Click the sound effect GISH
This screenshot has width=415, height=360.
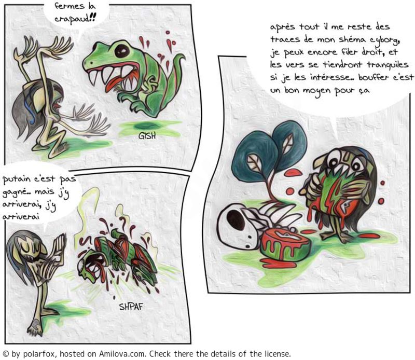coord(147,136)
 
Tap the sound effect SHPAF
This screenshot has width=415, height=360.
coord(131,307)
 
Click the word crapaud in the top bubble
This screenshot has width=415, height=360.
coord(75,19)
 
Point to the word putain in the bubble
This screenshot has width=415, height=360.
coord(17,180)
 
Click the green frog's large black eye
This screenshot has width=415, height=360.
coord(122,50)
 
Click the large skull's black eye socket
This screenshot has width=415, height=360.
coord(236,220)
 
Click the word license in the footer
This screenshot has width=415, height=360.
coord(278,354)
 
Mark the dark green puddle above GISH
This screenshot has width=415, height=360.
coord(148,125)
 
